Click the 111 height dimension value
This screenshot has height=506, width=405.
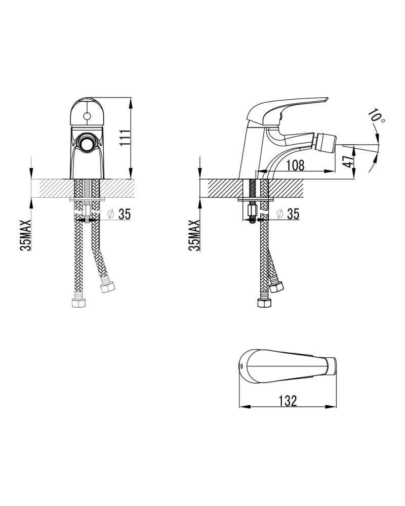click(125, 138)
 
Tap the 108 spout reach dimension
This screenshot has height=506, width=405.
click(295, 165)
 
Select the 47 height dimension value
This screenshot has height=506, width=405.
click(348, 161)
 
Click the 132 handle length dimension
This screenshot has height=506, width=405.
click(288, 401)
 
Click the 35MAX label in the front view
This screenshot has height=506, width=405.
click(25, 235)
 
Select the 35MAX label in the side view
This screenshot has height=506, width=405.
click(194, 235)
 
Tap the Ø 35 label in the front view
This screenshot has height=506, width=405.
click(119, 214)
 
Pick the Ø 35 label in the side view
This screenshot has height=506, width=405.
click(288, 214)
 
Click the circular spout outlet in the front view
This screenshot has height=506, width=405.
click(87, 142)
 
